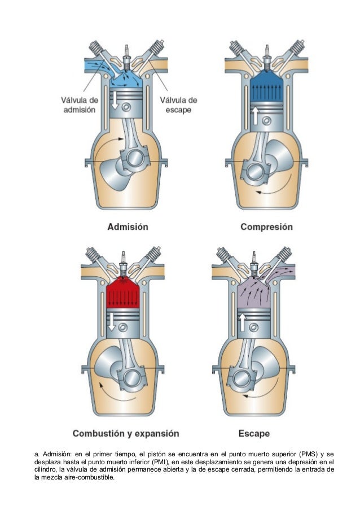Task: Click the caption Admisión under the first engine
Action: click(x=128, y=227)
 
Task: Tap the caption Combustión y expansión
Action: click(x=125, y=434)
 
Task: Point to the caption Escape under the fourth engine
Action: click(x=253, y=434)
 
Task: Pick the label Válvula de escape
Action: click(x=178, y=104)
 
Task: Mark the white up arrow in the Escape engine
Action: click(x=242, y=322)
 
